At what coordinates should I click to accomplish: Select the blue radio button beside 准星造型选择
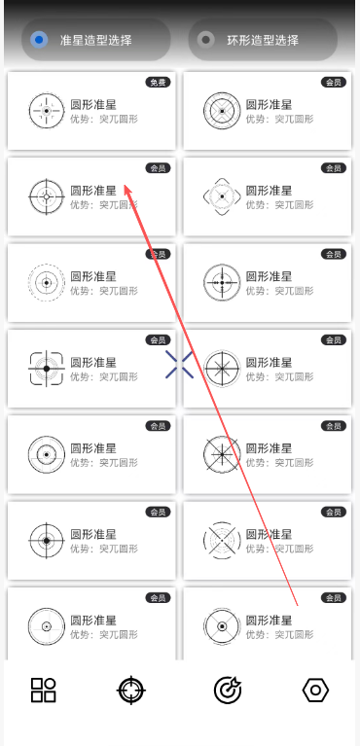tap(39, 40)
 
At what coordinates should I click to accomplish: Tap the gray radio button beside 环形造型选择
tap(205, 40)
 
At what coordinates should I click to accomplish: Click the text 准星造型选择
tap(95, 41)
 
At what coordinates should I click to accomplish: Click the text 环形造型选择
tap(263, 41)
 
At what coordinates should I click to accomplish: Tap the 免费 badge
tap(158, 83)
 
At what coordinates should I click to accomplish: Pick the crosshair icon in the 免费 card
tap(46, 111)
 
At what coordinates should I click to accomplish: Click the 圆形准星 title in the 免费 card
tap(93, 105)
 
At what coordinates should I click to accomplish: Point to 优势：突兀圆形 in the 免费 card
tap(104, 119)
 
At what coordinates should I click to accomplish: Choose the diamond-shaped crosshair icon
tap(222, 196)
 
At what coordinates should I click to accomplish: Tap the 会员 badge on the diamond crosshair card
tap(334, 168)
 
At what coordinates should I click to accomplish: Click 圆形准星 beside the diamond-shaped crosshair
tap(269, 191)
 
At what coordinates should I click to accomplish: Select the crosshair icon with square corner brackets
tap(46, 369)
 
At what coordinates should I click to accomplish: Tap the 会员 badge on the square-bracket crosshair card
tap(158, 340)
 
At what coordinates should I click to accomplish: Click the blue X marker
tap(180, 365)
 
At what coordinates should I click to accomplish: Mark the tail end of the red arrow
tap(298, 606)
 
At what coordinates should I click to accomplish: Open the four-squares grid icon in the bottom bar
tap(44, 690)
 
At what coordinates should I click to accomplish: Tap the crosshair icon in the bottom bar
tap(131, 690)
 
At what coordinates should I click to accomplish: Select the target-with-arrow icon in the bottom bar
tap(228, 690)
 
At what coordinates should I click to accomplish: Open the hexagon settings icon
tap(315, 690)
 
